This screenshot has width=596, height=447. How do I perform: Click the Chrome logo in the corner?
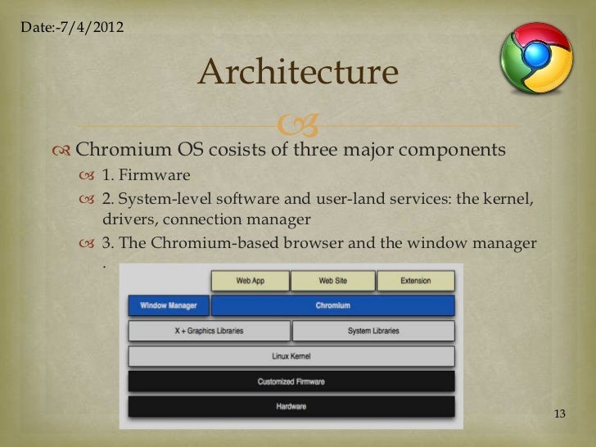(536, 58)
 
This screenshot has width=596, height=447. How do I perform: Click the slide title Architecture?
(297, 73)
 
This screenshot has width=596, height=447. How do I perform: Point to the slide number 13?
(560, 413)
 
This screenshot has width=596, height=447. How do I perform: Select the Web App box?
(250, 281)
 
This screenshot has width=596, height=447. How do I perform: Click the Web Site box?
(332, 281)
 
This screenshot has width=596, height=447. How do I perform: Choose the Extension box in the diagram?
(415, 281)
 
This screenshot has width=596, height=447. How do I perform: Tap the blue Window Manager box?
(168, 305)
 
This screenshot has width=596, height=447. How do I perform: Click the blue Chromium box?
(332, 305)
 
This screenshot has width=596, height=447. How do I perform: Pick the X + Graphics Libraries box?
(209, 331)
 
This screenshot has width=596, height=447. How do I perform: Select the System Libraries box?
(372, 331)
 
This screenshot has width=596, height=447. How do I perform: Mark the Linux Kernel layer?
(291, 356)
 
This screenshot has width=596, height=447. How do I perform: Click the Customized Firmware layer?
(291, 382)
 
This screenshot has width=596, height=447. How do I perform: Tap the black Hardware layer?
(291, 407)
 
